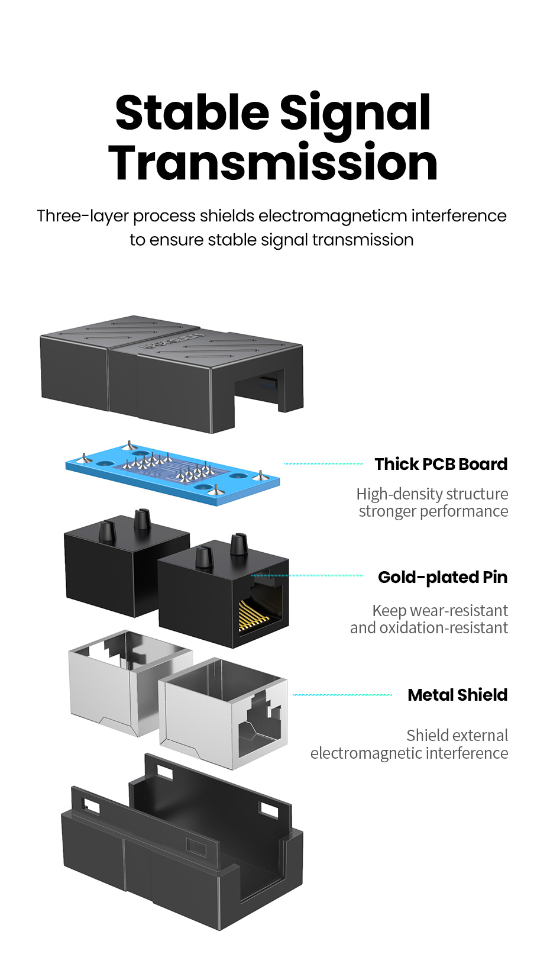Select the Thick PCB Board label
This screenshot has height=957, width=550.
coord(441,464)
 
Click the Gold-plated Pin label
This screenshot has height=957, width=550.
coord(442,577)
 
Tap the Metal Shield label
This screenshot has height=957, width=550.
coord(457,695)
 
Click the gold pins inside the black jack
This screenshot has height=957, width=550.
coord(253,616)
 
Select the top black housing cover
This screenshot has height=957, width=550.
coord(172,373)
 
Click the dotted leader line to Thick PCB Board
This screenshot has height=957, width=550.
coord(323,463)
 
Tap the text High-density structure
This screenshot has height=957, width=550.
coord(432,494)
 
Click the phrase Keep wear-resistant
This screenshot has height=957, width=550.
coord(440,610)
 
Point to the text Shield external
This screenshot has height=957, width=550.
coord(457,735)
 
